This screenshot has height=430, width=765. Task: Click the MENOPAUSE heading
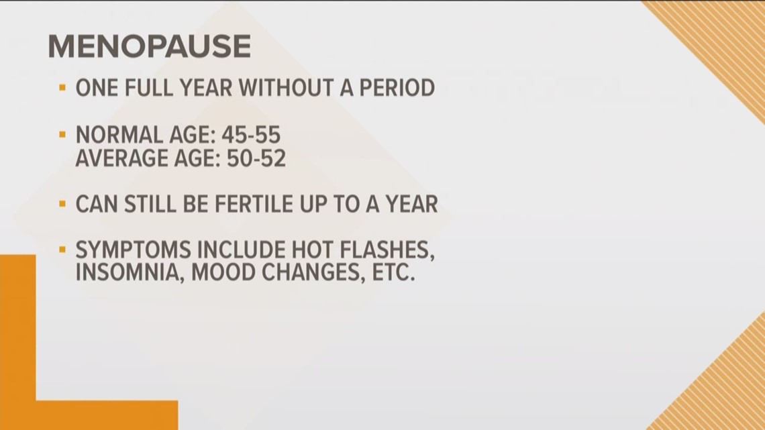(x=149, y=47)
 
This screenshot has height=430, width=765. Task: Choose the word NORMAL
(x=117, y=136)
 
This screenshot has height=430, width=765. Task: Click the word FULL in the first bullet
(x=146, y=88)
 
